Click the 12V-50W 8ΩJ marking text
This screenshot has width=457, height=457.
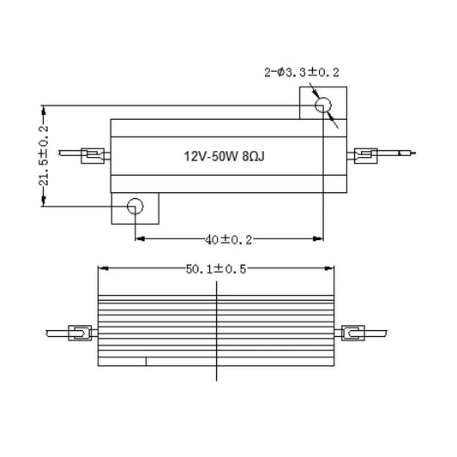[x=218, y=157]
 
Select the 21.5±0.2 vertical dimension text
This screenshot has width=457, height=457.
[x=44, y=155]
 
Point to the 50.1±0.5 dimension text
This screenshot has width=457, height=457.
[x=216, y=268]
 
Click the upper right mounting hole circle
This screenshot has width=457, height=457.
[x=323, y=106]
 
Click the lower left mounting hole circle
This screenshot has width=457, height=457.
[x=135, y=206]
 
